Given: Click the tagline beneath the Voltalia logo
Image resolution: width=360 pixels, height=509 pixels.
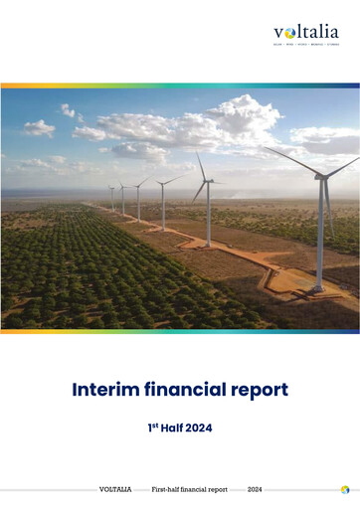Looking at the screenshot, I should coord(305,45).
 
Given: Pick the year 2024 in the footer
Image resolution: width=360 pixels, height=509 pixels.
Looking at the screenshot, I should coord(255,489).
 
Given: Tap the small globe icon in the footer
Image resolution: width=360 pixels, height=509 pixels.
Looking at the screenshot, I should coord(344,489).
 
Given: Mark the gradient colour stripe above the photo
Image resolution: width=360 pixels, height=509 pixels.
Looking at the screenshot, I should coord(180,85).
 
